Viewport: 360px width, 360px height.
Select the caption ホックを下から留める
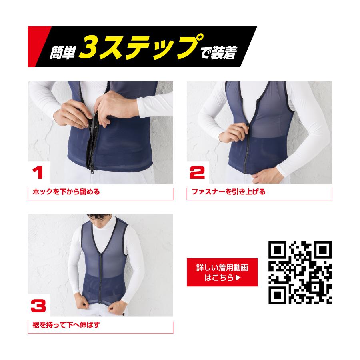66,192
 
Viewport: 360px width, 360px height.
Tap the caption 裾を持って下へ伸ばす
65,325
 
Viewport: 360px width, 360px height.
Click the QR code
300,272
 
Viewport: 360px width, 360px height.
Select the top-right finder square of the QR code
322,250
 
